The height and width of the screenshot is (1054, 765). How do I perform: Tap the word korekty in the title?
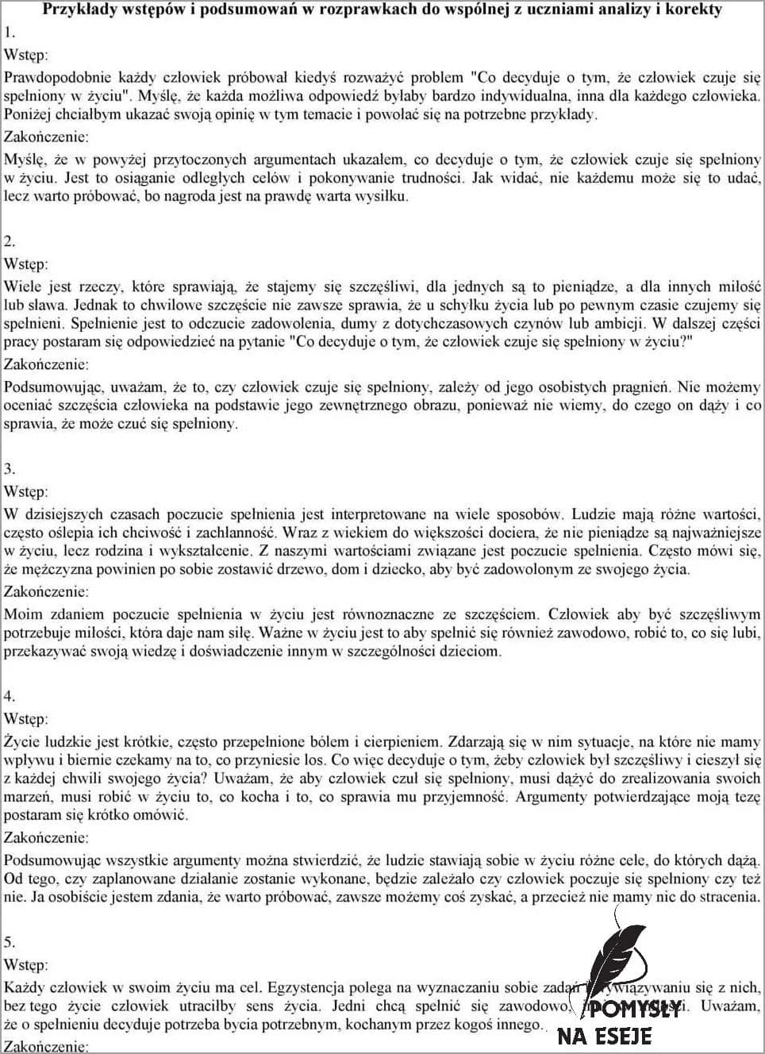click(695, 10)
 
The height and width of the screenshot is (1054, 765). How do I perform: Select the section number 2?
click(10, 240)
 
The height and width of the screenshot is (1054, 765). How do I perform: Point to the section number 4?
click(10, 696)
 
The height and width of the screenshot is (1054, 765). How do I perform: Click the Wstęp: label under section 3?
click(26, 492)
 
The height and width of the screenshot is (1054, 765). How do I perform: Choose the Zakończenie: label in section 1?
click(47, 137)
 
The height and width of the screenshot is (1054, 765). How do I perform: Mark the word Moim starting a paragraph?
click(21, 614)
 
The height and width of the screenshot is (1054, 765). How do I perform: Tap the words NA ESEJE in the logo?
click(605, 1036)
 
